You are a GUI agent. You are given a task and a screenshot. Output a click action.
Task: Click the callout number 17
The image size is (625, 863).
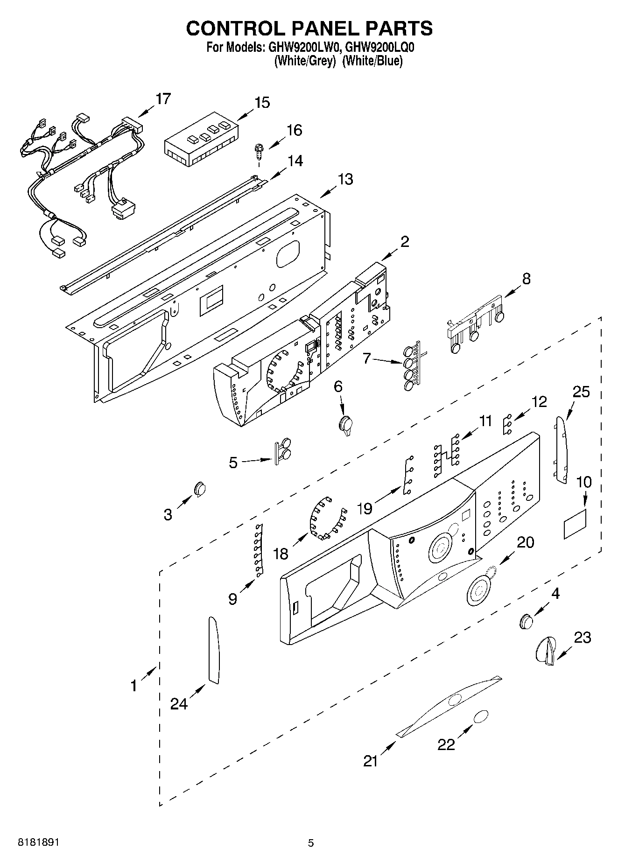pos(163,99)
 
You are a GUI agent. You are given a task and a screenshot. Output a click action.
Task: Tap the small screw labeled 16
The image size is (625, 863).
pos(258,152)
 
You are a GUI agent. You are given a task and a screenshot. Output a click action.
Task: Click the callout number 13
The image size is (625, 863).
pos(345,179)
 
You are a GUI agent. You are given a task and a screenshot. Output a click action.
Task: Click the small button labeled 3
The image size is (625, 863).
pos(200,488)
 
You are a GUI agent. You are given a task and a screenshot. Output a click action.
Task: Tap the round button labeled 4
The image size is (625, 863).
pos(526,621)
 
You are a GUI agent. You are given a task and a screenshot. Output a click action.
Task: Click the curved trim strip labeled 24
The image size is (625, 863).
pos(213,650)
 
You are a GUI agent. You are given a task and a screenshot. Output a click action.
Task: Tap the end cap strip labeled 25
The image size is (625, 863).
pos(561,450)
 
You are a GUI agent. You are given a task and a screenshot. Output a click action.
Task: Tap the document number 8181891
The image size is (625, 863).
pos(38,842)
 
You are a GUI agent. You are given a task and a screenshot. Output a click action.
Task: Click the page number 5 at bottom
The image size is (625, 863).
pos(311,843)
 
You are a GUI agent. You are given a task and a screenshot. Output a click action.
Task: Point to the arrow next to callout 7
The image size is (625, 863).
pos(387,360)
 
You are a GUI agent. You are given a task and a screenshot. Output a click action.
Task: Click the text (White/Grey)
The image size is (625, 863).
pos(305,61)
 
